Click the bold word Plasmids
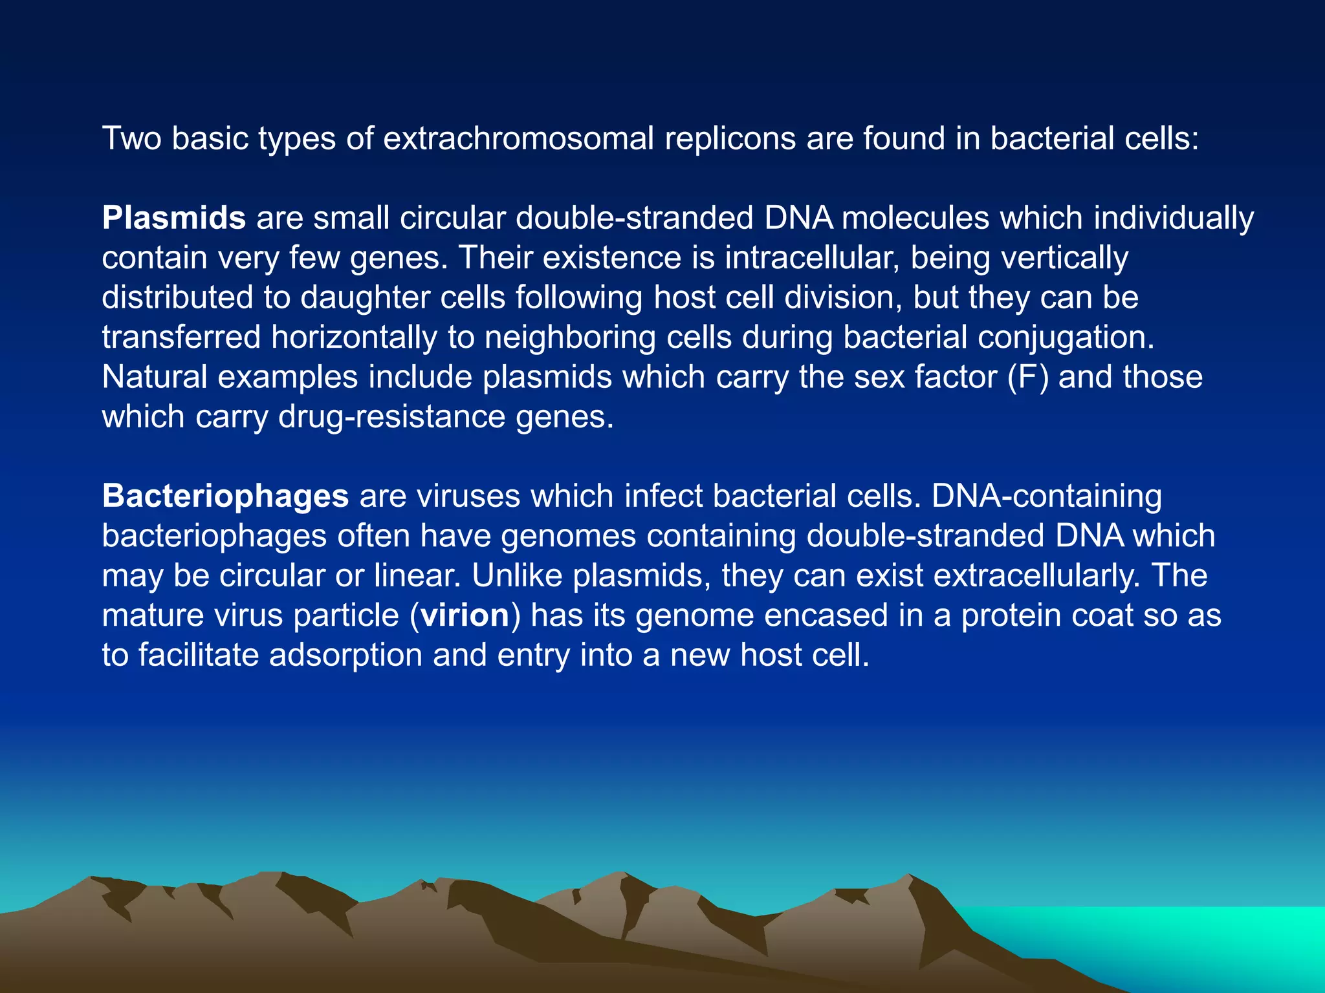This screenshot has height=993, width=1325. click(173, 218)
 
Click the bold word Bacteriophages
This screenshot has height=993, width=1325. click(225, 496)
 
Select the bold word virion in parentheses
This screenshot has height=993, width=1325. click(465, 615)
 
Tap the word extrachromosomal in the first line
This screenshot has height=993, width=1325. click(518, 138)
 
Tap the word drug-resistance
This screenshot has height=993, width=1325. click(391, 417)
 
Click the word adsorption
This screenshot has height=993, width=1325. click(345, 655)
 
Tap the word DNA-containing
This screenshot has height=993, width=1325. click(1046, 496)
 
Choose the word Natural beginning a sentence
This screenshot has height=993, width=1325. click(154, 377)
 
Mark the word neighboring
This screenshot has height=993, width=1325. click(570, 337)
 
